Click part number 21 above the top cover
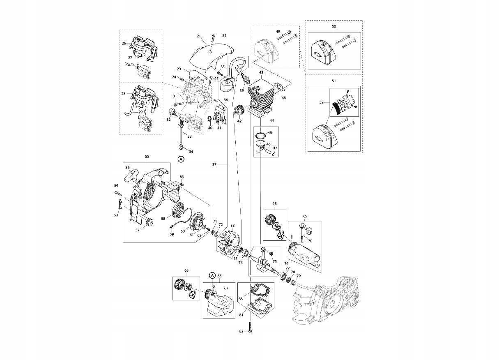[198, 37]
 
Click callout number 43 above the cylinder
[261, 73]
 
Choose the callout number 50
[333, 27]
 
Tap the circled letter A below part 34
[180, 159]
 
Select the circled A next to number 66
[212, 275]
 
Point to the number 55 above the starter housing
[147, 157]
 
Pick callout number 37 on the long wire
[214, 165]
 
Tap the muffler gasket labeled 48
[281, 88]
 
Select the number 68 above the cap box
[274, 204]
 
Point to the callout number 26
[124, 43]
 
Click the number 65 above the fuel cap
[186, 270]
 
